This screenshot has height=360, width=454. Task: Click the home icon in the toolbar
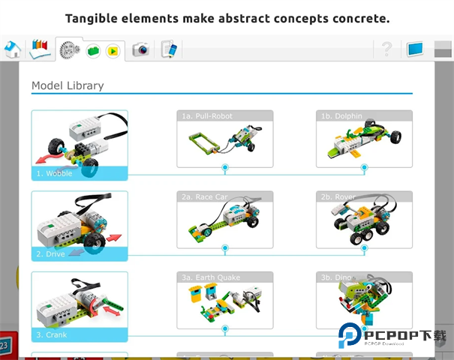12,49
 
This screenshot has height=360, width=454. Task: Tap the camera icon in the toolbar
140,50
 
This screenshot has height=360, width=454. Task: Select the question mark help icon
386,49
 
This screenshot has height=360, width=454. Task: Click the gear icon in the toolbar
71,49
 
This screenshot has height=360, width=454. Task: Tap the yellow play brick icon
113,51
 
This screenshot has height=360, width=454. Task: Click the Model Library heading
68,85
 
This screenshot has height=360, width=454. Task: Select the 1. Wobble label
55,173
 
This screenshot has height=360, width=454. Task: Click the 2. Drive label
51,254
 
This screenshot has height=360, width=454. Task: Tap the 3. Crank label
52,334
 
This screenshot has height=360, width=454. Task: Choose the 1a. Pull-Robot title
207,116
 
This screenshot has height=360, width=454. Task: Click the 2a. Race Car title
205,196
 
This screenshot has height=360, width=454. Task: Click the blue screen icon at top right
415,49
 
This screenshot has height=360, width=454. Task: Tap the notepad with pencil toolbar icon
169,50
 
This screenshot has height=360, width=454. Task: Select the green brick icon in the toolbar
93,51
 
